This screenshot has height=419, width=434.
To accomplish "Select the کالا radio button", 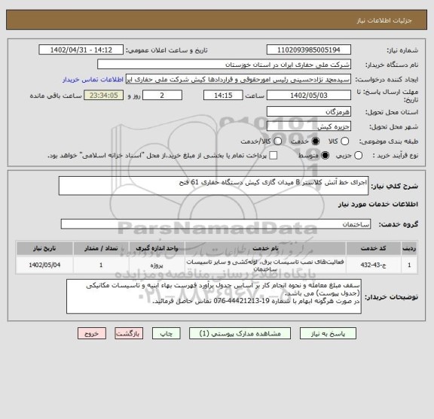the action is (x=350, y=141).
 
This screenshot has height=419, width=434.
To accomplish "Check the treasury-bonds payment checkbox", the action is (x=273, y=155).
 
